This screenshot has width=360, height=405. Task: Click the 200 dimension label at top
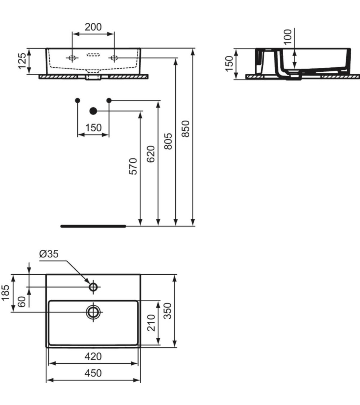93,27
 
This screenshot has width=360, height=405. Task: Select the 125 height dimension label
22,61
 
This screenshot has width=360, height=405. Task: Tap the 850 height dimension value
186,129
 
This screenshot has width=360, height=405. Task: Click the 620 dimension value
151,154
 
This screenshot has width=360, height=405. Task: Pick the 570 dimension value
133,166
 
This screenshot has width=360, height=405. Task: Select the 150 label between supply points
93,128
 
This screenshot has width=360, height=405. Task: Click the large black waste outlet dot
93,111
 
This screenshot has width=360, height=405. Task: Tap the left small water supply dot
78,100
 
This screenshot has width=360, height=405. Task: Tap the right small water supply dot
109,100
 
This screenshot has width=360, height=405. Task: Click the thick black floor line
93,226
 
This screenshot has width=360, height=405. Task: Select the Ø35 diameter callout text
49,254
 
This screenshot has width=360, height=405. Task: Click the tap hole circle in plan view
93,287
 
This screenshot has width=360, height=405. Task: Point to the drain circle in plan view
93,312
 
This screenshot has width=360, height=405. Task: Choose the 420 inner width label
93,356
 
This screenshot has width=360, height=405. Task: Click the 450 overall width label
93,373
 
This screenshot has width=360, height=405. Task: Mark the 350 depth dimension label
168,311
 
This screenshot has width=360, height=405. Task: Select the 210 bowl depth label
151,323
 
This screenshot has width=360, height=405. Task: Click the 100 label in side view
287,37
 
